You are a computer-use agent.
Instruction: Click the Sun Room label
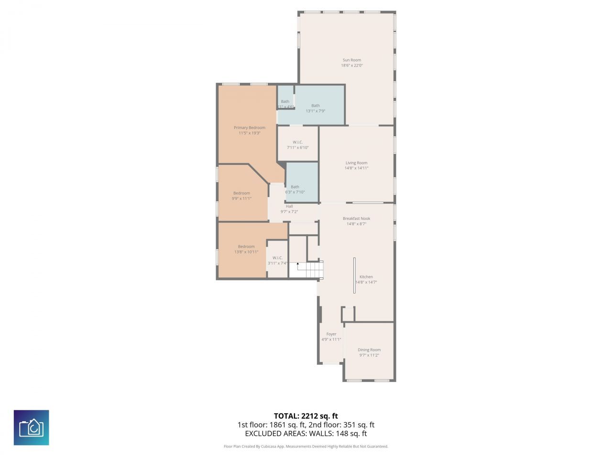351,60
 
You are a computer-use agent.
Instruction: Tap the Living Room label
356,163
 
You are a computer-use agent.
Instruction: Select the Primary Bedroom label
249,128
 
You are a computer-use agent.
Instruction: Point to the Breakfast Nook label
356,219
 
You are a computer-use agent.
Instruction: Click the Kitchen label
366,277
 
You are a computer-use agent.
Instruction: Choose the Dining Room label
369,350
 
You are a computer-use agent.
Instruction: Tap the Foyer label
331,334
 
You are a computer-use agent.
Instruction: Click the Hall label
289,206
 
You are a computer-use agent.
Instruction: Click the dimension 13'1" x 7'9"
316,111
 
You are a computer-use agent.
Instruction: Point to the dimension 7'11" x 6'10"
297,147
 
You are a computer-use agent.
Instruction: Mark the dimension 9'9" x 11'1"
241,198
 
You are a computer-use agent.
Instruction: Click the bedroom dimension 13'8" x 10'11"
246,252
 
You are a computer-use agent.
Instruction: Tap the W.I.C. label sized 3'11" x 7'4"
277,258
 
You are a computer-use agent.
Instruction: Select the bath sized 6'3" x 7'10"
295,187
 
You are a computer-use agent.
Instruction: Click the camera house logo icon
31,427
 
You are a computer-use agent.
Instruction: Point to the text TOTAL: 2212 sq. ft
306,416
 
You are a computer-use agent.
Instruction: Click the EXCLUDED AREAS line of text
306,434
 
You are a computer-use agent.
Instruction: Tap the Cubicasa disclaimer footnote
306,447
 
